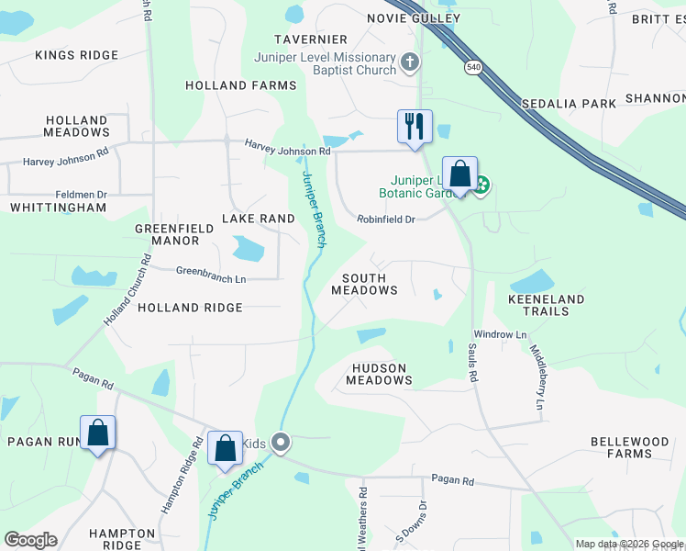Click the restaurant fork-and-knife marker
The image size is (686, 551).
coord(415,126)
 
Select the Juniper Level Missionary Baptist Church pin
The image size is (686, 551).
coord(410,63)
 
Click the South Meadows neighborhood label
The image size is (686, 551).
coord(371,284)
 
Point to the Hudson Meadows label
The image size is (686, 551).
coord(377,373)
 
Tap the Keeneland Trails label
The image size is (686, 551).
coord(546,305)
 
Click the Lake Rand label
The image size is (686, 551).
coord(259,219)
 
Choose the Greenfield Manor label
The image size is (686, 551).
coord(167,234)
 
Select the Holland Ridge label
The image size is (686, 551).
coord(190,308)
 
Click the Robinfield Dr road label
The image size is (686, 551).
coord(386,219)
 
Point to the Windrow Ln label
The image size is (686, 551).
coord(500,334)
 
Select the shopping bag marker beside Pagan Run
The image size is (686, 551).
coord(97,433)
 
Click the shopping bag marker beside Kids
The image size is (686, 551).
coord(225,448)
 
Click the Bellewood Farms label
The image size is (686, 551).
coord(629,447)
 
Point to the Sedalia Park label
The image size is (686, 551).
coord(569,104)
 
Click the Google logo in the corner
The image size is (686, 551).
coord(30,540)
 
